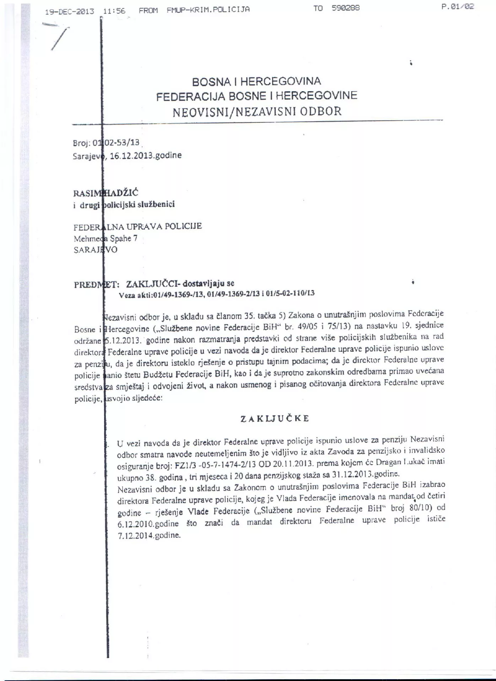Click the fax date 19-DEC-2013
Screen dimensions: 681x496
point(70,11)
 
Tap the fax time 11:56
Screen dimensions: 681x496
point(114,11)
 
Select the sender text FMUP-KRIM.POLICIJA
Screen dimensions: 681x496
point(208,10)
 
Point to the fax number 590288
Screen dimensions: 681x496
point(346,8)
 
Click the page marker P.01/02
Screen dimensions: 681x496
point(458,6)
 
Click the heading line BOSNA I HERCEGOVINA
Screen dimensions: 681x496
point(256,82)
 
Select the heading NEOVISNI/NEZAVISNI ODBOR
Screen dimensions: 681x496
point(257,111)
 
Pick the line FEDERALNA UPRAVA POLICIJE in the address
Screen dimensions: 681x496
point(138,226)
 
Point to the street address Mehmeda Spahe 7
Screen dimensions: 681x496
point(105,238)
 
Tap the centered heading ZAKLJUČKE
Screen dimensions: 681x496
point(275,419)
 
